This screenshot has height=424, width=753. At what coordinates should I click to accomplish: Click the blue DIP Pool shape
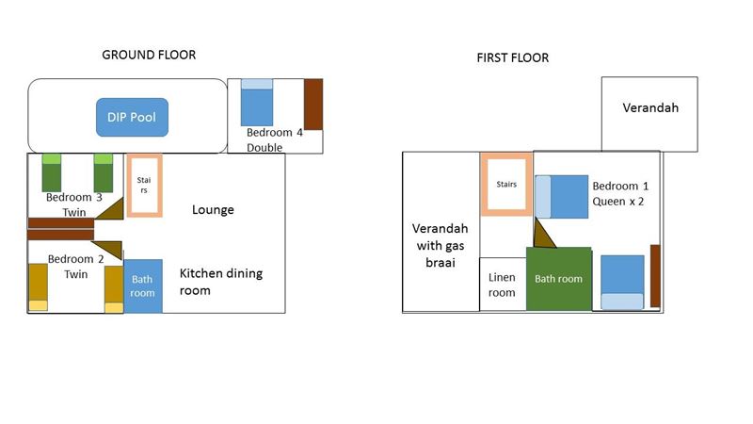132,117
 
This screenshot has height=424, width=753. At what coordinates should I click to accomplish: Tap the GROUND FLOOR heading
149,55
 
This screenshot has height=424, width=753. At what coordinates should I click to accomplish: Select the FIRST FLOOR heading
512,57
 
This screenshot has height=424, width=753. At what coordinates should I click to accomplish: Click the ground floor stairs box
145,155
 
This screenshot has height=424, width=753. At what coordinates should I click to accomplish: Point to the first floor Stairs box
506,155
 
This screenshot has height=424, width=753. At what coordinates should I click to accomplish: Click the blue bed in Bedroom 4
257,103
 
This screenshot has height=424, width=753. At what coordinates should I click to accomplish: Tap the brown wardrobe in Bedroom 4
313,105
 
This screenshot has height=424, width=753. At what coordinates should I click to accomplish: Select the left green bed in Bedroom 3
52,173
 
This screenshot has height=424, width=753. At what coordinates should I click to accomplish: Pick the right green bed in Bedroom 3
104,173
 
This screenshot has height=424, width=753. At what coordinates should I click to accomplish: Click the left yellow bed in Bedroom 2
39,286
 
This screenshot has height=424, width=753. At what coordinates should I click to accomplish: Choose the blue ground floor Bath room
143,286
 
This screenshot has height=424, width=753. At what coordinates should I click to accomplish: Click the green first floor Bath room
559,279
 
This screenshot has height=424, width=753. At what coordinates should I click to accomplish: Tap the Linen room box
503,285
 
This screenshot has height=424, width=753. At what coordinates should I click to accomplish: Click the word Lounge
213,209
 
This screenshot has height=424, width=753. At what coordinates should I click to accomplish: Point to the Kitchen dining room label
221,282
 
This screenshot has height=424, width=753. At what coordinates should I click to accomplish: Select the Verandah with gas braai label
441,245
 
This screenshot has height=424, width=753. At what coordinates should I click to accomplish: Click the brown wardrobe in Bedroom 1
655,276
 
